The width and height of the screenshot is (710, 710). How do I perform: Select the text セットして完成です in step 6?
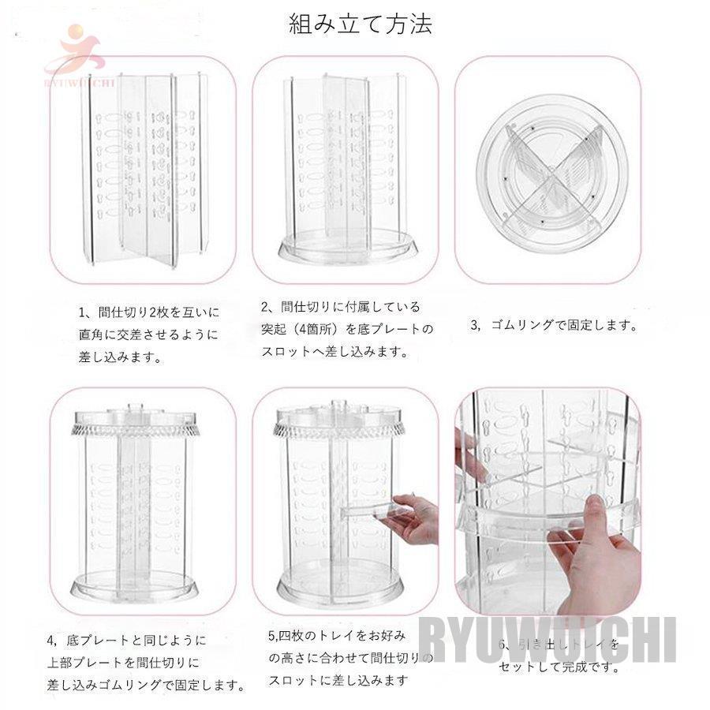(557, 667)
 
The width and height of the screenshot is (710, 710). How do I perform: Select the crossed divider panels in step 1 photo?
(144, 170)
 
